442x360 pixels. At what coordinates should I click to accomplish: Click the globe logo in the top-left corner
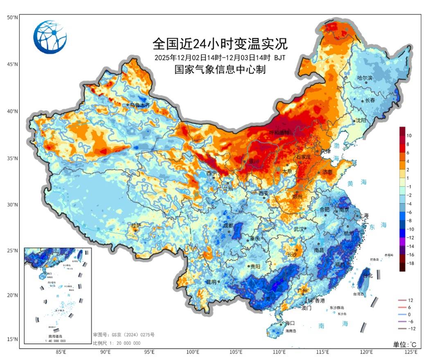(x=50, y=37)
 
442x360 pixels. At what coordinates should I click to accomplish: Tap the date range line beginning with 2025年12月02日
(x=220, y=57)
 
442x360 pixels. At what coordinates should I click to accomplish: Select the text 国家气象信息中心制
(x=220, y=70)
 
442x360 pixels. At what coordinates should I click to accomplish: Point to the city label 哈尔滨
(x=365, y=78)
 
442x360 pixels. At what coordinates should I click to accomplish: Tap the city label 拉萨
(x=135, y=225)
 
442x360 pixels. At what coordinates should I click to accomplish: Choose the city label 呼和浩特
(x=279, y=133)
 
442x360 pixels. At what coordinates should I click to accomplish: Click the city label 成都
(x=228, y=225)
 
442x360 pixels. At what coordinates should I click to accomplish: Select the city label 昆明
(x=212, y=282)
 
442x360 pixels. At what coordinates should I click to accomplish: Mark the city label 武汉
(x=299, y=229)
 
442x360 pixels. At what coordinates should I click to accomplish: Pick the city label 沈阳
(x=361, y=121)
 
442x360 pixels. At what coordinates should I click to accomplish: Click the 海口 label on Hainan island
(x=290, y=323)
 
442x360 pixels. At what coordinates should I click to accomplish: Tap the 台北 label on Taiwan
(x=368, y=275)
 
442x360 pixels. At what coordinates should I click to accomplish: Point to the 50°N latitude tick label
(x=12, y=18)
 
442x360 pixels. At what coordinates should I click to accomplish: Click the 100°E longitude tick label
(x=193, y=352)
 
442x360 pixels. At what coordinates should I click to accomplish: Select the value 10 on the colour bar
(x=409, y=135)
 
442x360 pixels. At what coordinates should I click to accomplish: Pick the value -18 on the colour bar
(x=410, y=263)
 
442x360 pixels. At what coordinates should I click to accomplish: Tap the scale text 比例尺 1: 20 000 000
(x=117, y=343)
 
